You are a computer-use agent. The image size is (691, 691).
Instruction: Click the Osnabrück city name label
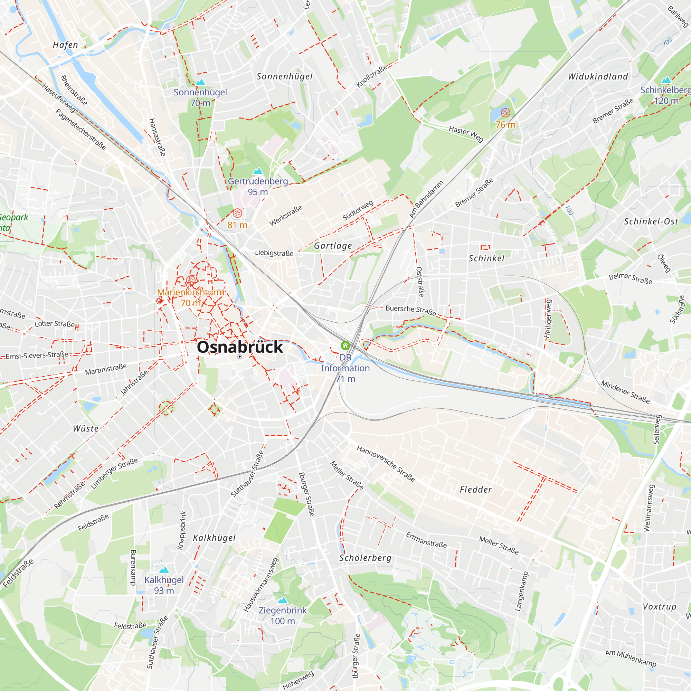(240, 347)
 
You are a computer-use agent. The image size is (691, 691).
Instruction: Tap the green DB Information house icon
(345, 345)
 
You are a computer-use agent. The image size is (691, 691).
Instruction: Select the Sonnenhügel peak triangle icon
(200, 82)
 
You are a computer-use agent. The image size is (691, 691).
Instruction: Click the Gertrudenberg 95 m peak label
(258, 186)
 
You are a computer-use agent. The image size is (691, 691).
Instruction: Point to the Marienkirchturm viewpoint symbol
(191, 280)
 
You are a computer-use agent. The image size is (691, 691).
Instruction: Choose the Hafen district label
(65, 45)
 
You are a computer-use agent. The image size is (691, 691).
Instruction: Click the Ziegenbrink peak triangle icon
(283, 600)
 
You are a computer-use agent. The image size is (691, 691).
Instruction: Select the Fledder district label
(476, 490)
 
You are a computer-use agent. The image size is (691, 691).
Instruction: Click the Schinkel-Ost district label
(651, 221)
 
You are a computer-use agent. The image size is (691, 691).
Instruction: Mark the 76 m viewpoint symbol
(505, 113)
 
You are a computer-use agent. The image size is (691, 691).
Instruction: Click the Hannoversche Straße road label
(386, 464)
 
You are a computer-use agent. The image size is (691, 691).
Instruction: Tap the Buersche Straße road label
(410, 310)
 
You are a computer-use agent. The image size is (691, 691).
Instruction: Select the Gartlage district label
(333, 246)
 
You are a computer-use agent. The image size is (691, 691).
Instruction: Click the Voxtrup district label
(660, 607)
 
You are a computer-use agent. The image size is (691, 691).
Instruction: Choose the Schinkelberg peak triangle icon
(666, 80)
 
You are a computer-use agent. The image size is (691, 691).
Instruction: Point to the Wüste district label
(86, 428)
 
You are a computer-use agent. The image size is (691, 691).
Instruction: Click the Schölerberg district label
(365, 558)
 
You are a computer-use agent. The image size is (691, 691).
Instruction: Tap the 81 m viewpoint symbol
(237, 214)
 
